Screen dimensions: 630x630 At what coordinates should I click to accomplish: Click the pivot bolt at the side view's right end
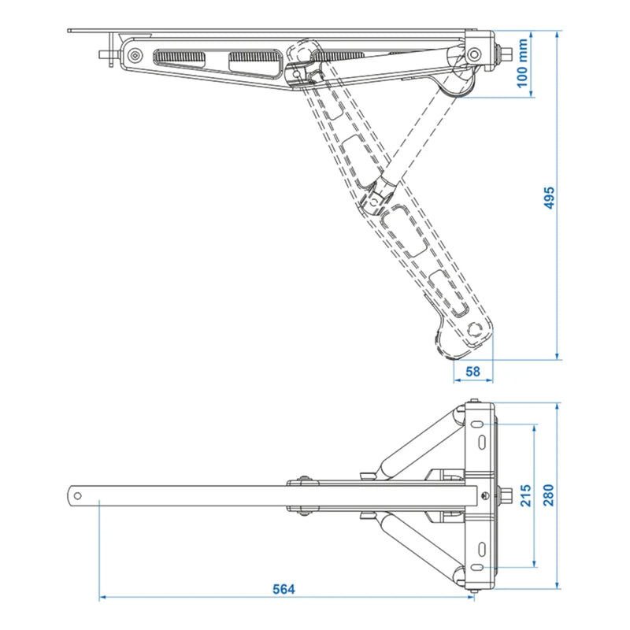[x=475, y=54]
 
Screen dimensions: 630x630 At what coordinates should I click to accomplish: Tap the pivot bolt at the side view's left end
[x=136, y=56]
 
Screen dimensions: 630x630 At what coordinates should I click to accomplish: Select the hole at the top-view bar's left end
[x=79, y=495]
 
